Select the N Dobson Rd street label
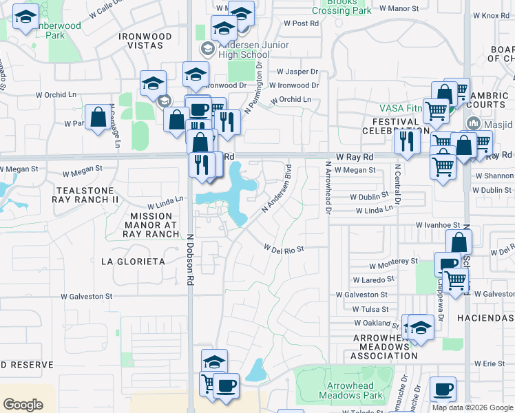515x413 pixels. pyautogui.click(x=189, y=259)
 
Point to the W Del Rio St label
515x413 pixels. pyautogui.click(x=284, y=248)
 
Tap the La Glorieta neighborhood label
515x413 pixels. pyautogui.click(x=133, y=262)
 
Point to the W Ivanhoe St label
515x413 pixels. pyautogui.click(x=437, y=225)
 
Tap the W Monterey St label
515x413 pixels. pyautogui.click(x=393, y=262)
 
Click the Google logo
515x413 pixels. pyautogui.click(x=23, y=405)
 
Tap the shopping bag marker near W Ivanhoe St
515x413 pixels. pyautogui.click(x=459, y=243)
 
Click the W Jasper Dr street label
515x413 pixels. pyautogui.click(x=297, y=72)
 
